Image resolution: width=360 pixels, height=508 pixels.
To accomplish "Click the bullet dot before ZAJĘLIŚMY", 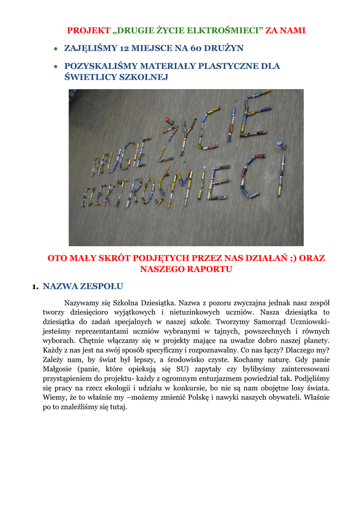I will pos(56,49).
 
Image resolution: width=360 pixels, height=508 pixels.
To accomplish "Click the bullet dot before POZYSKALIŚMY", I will pos(56,66).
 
